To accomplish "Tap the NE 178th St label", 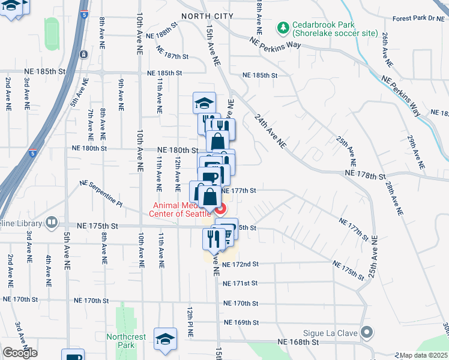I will (x=364, y=175).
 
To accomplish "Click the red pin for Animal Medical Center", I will (x=220, y=208).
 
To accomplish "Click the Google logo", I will (x=20, y=353).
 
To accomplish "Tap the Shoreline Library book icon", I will (x=52, y=223).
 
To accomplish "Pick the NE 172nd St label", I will (x=240, y=264).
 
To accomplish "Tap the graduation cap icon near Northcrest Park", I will (x=165, y=339).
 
